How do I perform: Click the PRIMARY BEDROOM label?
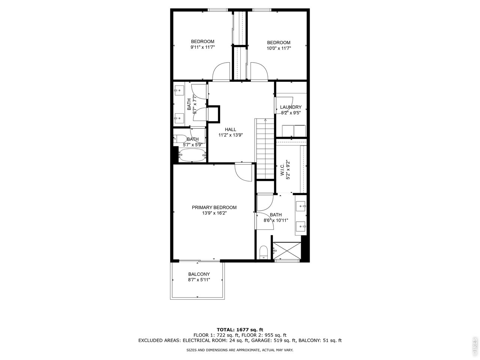tap(214, 207)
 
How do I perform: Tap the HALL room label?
tap(231, 129)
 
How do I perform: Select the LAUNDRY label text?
tap(291, 107)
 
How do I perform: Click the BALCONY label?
tap(199, 274)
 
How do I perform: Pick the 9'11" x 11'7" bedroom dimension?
tap(203, 47)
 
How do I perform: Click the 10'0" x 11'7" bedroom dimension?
tap(279, 48)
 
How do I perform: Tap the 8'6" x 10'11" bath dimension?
tap(276, 220)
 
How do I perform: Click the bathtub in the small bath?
tap(192, 155)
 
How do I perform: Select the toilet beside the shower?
tap(264, 252)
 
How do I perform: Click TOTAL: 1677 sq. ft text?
tap(240, 330)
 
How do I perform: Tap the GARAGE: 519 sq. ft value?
tap(274, 340)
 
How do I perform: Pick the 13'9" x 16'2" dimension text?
tap(214, 213)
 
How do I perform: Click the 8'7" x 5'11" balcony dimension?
tap(199, 280)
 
